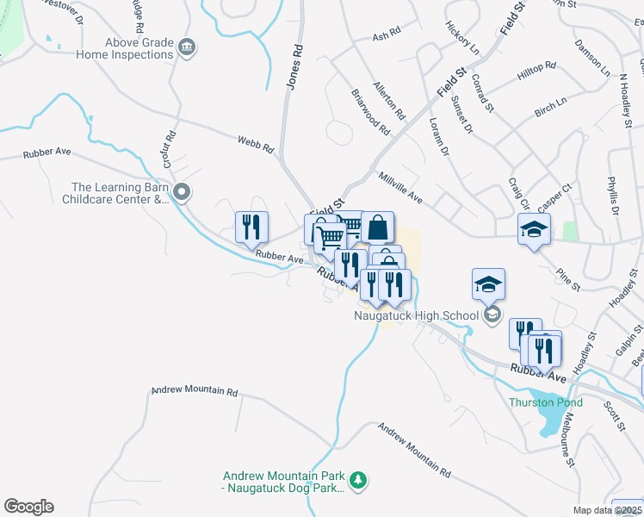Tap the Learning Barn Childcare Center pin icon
pos(181,192)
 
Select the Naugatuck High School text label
pos(416,315)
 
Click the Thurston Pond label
pos(545,402)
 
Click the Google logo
pos(28,507)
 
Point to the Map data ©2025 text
pos(608,510)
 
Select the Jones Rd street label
pos(294,69)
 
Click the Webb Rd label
pos(256,143)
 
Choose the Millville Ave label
pos(400,186)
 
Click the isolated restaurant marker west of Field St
pos(251,227)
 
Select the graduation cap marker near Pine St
pos(534,229)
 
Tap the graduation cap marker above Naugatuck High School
pos(488,284)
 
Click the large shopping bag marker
pos(377,227)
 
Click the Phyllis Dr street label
pos(612,195)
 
